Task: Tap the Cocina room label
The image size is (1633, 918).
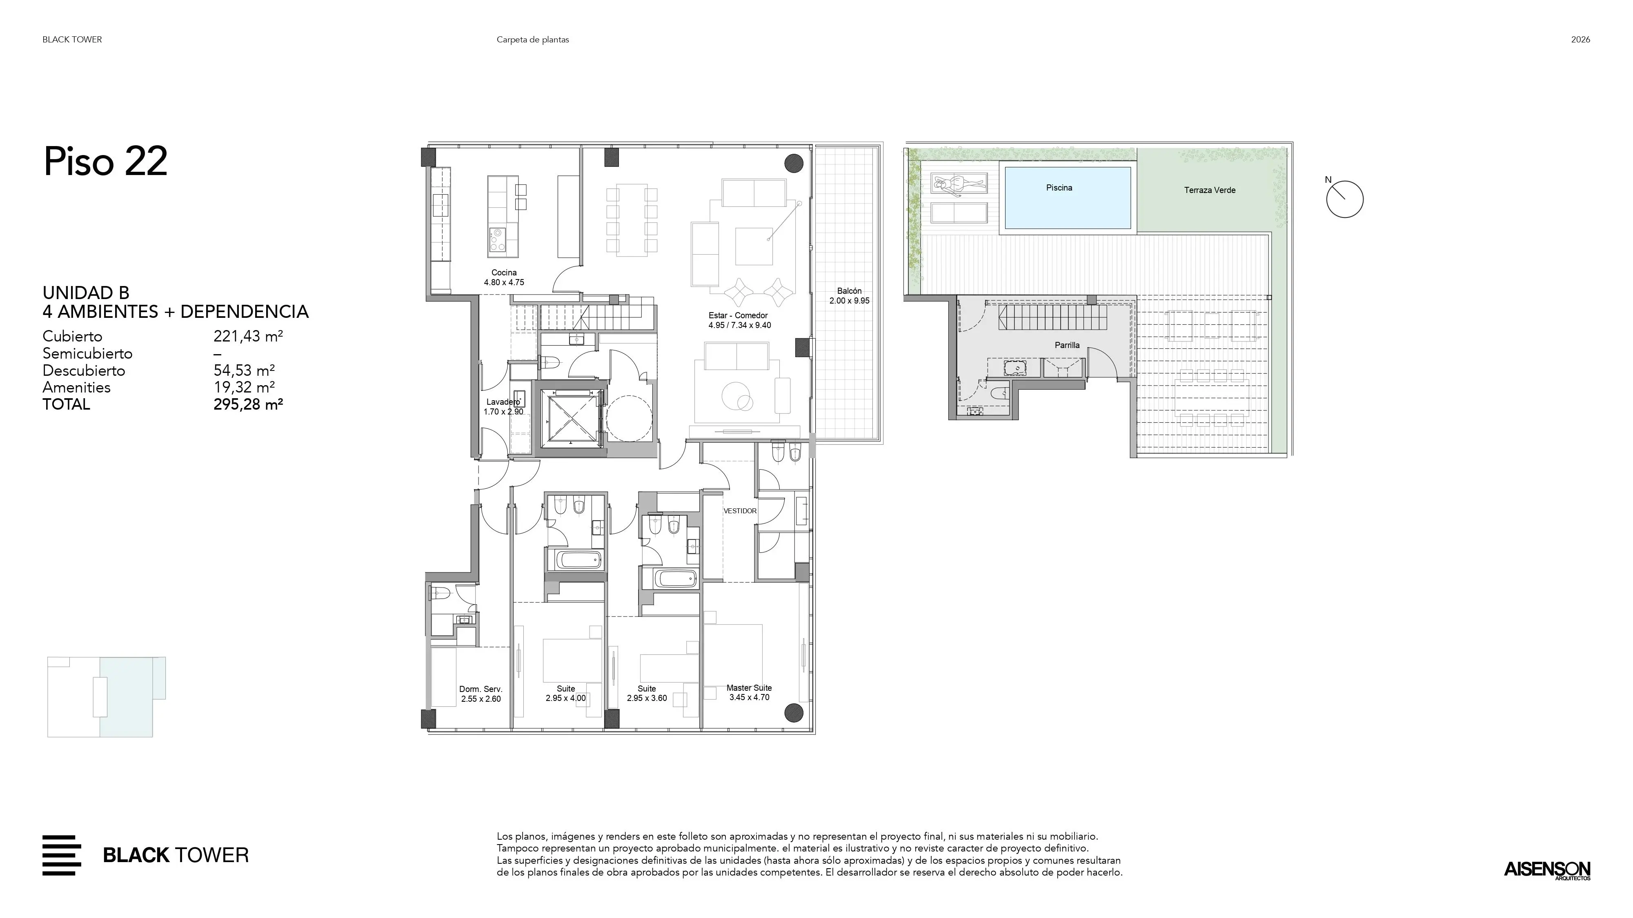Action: click(x=504, y=273)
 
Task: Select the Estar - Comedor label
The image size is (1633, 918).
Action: click(x=738, y=315)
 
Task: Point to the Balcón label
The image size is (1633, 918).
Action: click(x=850, y=291)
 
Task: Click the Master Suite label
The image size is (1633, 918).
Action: click(x=749, y=687)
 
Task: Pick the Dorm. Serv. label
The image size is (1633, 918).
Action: click(x=481, y=689)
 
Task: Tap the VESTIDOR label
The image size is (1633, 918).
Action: click(x=740, y=511)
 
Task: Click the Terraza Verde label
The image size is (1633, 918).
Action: click(x=1210, y=190)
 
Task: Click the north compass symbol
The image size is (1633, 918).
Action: click(x=1344, y=199)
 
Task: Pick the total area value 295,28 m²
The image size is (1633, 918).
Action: click(x=248, y=404)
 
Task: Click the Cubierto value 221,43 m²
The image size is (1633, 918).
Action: click(x=248, y=337)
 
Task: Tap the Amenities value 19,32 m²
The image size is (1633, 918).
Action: click(x=244, y=387)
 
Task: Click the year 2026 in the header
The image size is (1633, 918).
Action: click(x=1580, y=39)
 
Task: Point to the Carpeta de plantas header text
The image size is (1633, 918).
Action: click(x=532, y=39)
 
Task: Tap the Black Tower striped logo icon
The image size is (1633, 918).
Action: click(x=62, y=855)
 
